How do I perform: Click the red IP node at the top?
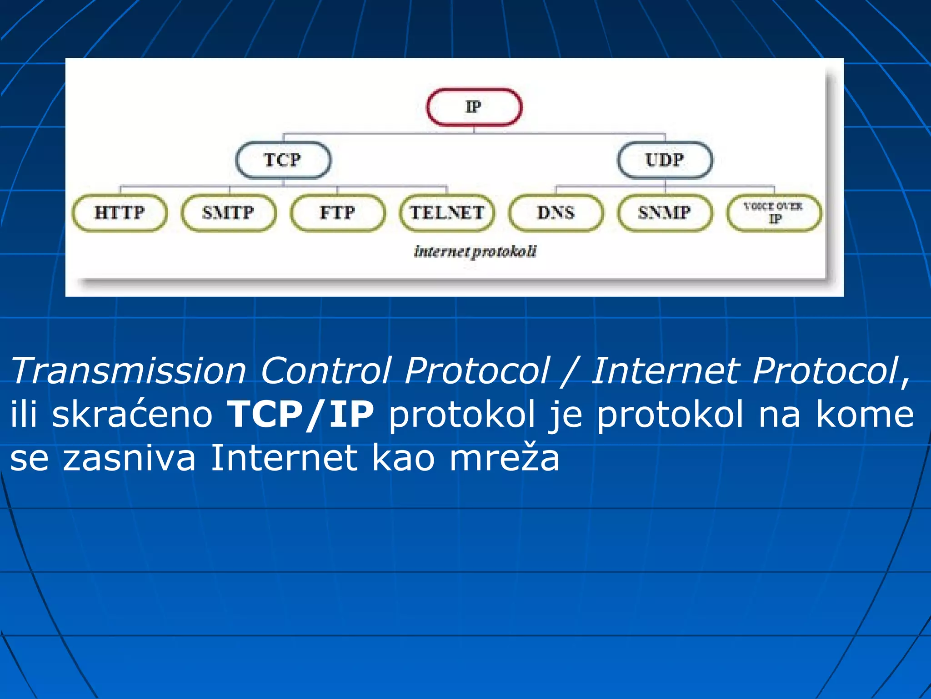474,107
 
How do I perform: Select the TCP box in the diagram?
283,160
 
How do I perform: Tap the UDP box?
665,160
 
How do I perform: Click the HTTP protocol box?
120,213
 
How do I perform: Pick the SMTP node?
228,213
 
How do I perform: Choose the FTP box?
337,213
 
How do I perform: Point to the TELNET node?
447,213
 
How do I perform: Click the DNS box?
556,213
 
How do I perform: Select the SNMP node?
665,213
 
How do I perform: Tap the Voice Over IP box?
774,213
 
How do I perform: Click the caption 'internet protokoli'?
475,252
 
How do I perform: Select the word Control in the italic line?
325,371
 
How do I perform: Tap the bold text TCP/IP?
300,415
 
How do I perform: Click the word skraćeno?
132,415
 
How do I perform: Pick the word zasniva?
129,458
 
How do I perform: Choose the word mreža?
504,458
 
